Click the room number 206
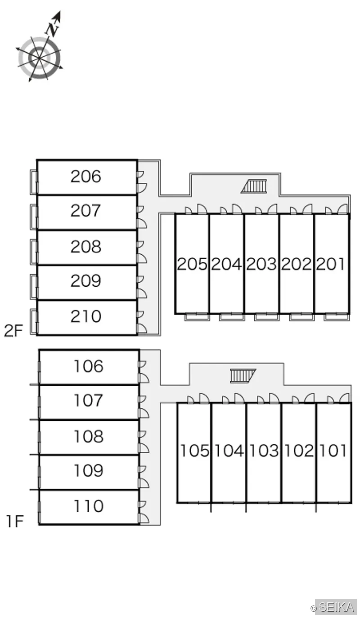coord(86,176)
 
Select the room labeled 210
coord(86,316)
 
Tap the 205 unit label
coord(192,264)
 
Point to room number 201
coord(330,264)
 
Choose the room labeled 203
coord(261,264)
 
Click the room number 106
coord(89,366)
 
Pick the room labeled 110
coord(89,506)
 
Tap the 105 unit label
coord(194,451)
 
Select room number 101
coord(333,451)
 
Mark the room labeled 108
coord(89,436)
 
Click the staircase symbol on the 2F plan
coord(254,186)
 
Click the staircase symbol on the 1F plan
coord(243,376)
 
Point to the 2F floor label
coord(13,330)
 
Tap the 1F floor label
coord(15,521)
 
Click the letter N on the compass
coord(52,29)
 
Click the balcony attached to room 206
coord(34,182)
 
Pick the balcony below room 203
coord(267,317)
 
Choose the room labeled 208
coord(86,246)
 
